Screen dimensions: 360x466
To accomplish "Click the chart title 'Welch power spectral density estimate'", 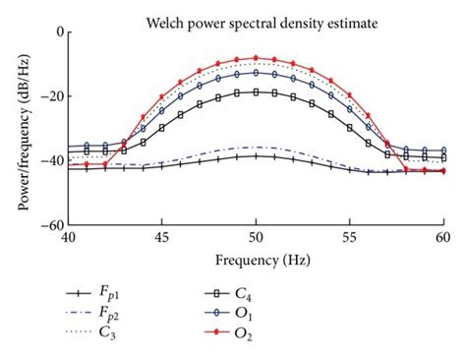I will [x=256, y=17].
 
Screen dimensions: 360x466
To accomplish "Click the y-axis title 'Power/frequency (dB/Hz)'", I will [x=19, y=128].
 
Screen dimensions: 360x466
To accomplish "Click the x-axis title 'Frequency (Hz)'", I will [x=256, y=261].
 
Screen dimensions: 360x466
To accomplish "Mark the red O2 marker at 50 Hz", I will [x=256, y=58].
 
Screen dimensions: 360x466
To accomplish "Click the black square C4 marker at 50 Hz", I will [x=256, y=92].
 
